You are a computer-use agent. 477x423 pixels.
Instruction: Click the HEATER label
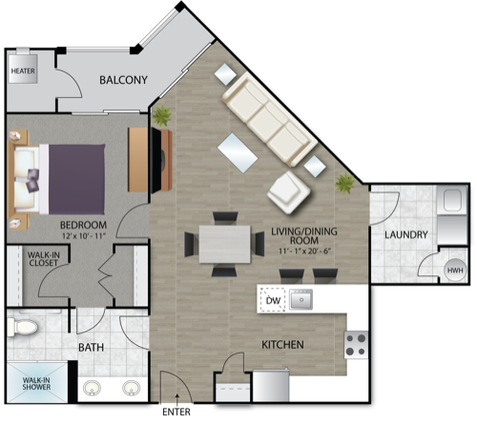coord(23,70)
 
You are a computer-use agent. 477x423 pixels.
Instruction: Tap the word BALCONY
coord(123,80)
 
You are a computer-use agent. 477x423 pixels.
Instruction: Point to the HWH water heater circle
coord(455,271)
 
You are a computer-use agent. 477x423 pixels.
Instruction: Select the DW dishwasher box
coord(273,300)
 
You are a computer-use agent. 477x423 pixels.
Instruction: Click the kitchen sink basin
coord(301,299)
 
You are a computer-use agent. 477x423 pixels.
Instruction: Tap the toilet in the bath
coord(22,327)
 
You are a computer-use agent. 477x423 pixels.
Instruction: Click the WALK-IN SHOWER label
coord(36,383)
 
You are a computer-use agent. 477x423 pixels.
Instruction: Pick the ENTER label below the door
coord(176,412)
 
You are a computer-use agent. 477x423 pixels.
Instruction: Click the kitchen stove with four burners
coord(356,345)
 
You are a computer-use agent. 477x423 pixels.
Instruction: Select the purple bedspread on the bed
coord(76,179)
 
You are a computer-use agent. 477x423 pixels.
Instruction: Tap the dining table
coord(225,244)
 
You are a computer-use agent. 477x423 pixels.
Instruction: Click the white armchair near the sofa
coord(289,192)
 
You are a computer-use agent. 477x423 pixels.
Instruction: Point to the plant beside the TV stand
coord(162,116)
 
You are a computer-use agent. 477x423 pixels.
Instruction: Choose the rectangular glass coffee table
coord(238,152)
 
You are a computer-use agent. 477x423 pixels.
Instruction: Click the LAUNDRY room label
coord(406,234)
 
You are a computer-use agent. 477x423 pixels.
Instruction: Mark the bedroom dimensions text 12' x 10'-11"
coord(83,236)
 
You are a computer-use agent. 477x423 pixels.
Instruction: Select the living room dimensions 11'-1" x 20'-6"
coord(304,251)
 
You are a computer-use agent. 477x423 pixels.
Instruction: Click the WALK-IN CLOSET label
coord(43,259)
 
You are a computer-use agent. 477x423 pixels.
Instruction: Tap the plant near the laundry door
coord(344,183)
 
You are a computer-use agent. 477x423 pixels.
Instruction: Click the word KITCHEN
coord(282,345)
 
